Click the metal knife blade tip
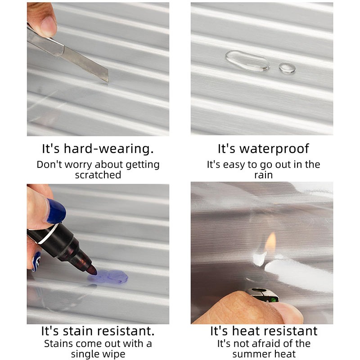[x=108, y=81]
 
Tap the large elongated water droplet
[x=247, y=61]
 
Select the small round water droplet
[x=287, y=68]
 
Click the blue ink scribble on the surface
[x=108, y=277]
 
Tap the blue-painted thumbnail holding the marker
[x=56, y=211]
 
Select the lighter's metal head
[x=263, y=295]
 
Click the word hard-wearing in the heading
[x=108, y=148]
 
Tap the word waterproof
[x=274, y=149]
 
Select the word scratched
[x=98, y=175]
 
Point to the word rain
[x=263, y=175]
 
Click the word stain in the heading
[x=77, y=331]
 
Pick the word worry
[x=78, y=165]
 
